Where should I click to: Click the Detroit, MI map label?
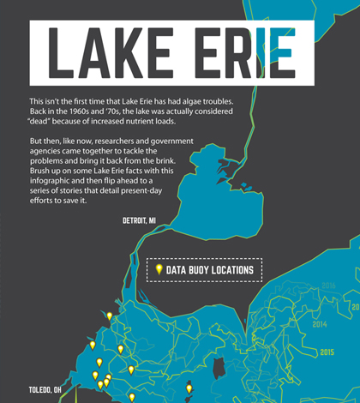139,220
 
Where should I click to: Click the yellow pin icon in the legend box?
159,270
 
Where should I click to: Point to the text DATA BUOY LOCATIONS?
210,270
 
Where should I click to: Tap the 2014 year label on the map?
319,326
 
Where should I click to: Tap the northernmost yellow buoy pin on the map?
110,316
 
